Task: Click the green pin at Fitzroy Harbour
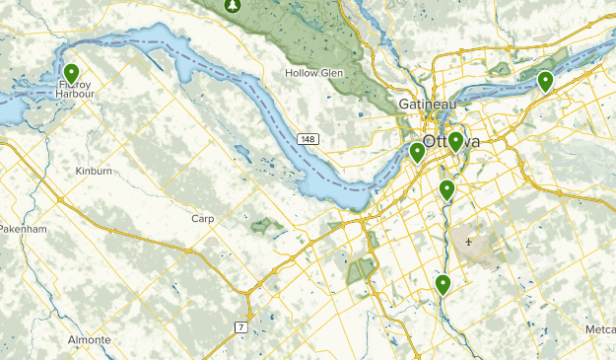point(71,74)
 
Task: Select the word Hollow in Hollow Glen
point(302,73)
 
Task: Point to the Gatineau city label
point(425,104)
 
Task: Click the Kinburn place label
point(95,171)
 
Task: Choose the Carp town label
point(203,217)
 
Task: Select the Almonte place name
point(90,338)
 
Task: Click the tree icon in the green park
point(233,6)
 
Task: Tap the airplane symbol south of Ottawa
point(469,241)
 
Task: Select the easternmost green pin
point(545,81)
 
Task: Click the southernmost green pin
point(444,284)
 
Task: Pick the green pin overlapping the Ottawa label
point(455,142)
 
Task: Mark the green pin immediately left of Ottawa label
point(418,152)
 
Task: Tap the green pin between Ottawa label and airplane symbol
point(446,189)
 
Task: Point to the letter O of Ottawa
point(432,142)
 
